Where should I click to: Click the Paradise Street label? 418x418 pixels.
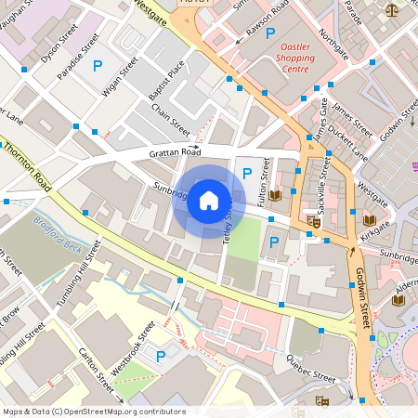tap(78, 57)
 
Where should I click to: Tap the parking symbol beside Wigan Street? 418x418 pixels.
tap(98, 66)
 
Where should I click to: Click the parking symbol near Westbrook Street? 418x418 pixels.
tap(161, 356)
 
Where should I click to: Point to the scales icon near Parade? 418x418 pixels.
tap(391, 10)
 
